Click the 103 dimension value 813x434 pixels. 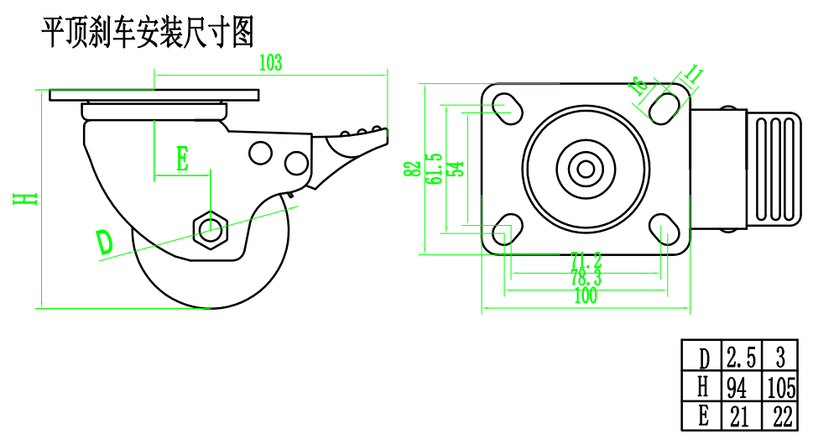pos(270,61)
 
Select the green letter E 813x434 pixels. pos(182,159)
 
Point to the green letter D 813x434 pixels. pos(104,242)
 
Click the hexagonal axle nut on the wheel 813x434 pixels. pos(209,227)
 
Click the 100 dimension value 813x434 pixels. pos(586,296)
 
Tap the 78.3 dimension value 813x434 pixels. pos(586,278)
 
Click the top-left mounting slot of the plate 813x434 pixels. pos(505,107)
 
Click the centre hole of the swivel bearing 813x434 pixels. pos(586,168)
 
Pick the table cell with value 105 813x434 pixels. pos(781,387)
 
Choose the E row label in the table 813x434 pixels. pos(703,416)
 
